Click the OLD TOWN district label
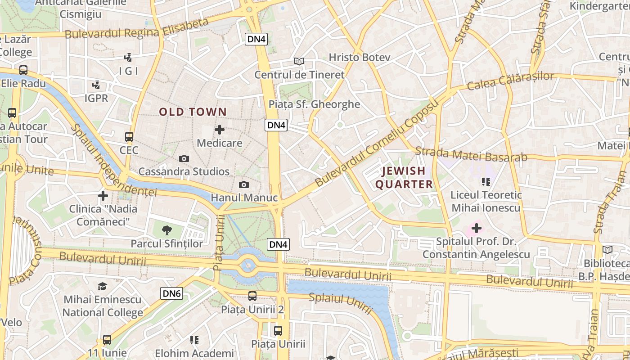point(193,112)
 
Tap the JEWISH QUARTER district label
point(404,177)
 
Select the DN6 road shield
point(172,294)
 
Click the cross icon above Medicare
point(220,130)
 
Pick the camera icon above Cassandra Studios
point(184,158)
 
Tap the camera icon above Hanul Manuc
point(244,184)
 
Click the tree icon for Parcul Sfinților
point(167,230)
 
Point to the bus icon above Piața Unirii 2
point(252,296)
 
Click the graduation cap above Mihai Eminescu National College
point(103,287)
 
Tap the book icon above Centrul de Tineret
point(299,61)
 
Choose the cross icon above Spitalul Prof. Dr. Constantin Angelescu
point(477,228)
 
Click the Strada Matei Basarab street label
point(471,154)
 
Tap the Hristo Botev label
point(359,57)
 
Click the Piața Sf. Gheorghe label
point(314,104)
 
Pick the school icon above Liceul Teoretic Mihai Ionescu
point(486,182)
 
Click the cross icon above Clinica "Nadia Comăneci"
point(103,196)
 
